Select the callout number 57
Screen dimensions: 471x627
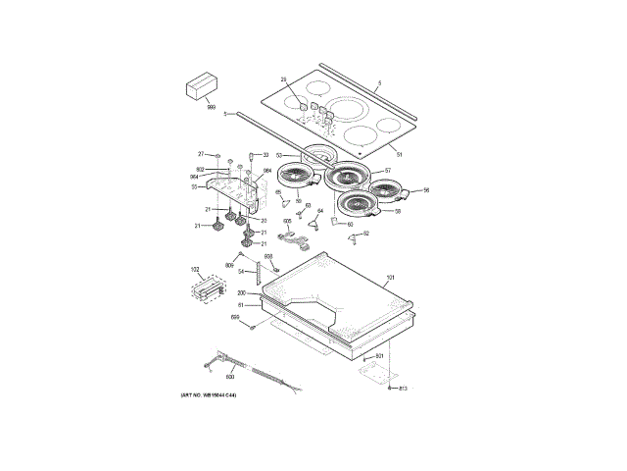[387, 172]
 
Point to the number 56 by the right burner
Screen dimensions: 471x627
[426, 190]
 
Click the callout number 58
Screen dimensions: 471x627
[398, 211]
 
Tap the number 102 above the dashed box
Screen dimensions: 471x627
[194, 269]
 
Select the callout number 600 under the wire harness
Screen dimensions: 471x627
[230, 376]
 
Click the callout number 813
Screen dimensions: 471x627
[402, 389]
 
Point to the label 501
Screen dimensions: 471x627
[379, 354]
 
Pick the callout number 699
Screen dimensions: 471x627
[235, 316]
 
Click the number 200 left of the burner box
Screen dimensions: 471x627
[241, 293]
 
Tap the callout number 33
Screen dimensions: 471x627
[265, 154]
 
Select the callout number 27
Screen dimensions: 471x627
[201, 154]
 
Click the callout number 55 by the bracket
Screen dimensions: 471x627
[194, 186]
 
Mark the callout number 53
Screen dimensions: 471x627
[279, 155]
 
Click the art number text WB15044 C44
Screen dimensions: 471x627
[208, 394]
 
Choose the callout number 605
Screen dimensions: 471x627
[287, 222]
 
